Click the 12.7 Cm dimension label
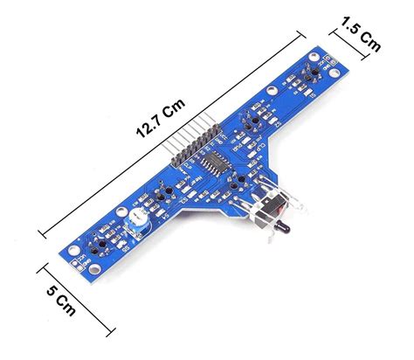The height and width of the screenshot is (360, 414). tap(160, 118)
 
